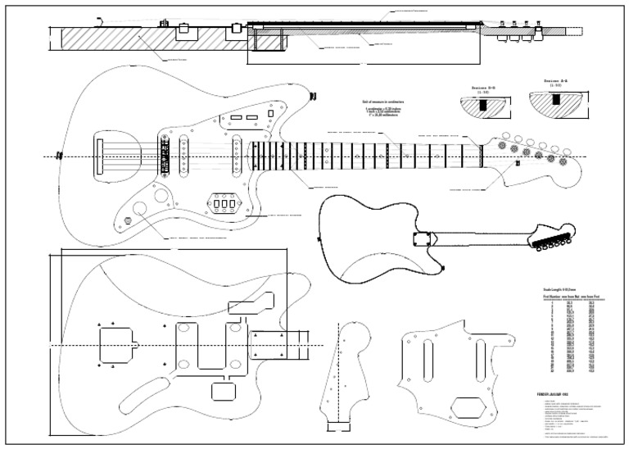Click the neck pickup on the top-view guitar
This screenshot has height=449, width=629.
click(236, 155)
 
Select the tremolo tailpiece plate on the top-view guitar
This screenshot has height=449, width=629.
click(102, 155)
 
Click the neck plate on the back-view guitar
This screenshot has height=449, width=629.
click(423, 238)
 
